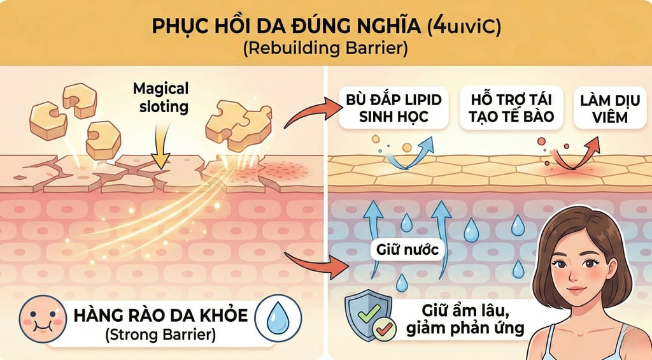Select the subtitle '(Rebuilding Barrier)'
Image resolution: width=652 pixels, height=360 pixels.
(x=326, y=48)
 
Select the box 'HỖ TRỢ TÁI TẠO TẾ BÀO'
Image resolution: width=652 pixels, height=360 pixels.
(x=506, y=109)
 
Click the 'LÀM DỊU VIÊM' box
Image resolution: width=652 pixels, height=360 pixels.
(x=604, y=109)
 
